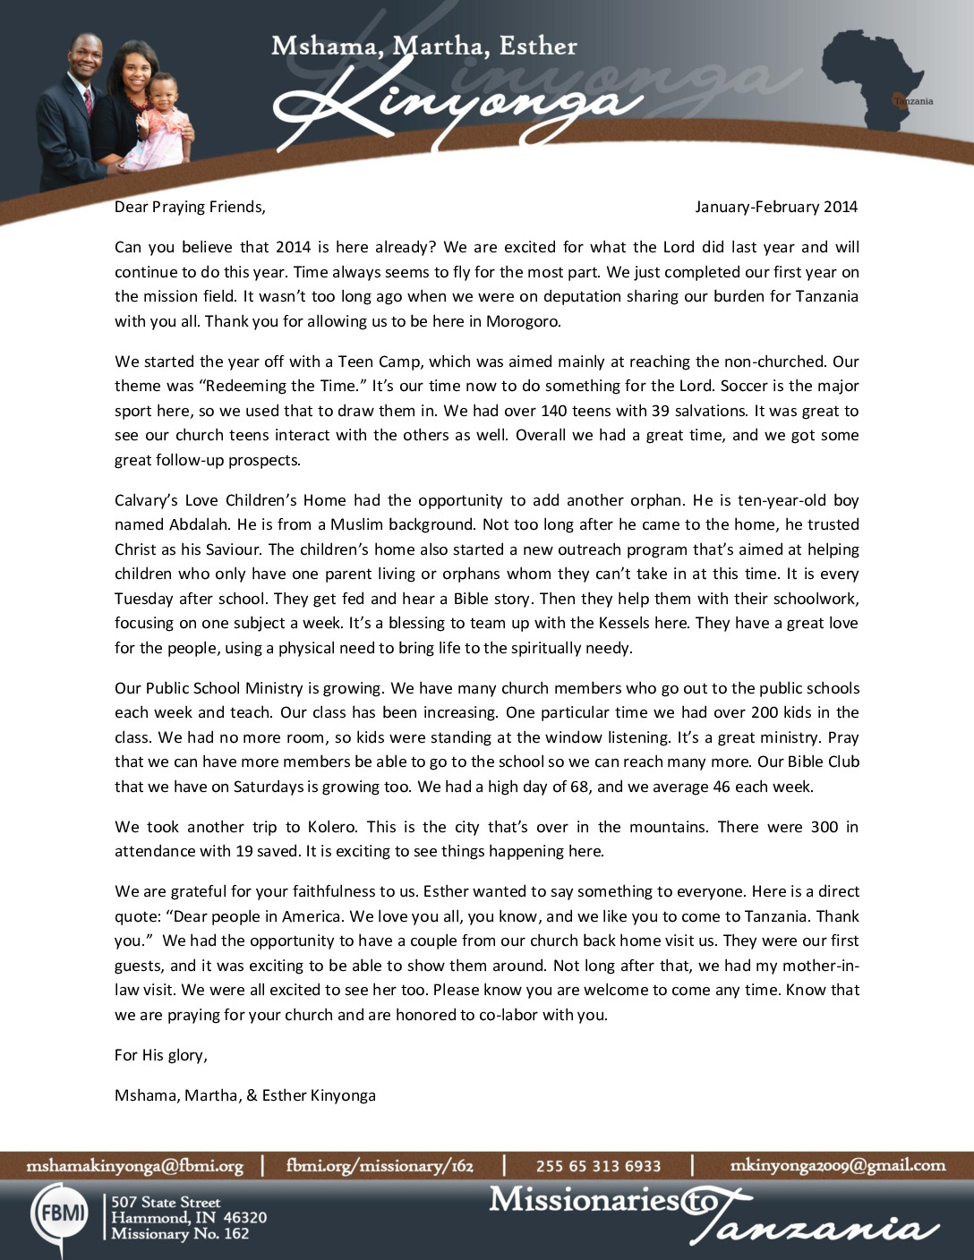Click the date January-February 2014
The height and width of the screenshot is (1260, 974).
point(775,207)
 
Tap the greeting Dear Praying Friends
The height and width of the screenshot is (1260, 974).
point(190,207)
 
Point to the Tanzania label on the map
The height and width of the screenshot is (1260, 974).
point(913,101)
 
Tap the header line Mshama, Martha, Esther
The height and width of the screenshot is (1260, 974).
point(423,46)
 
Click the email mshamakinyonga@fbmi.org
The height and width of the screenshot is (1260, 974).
point(134,1165)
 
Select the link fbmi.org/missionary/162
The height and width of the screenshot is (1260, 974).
point(380,1165)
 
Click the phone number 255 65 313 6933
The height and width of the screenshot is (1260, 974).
point(598,1165)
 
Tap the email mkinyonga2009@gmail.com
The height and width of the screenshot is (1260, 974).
point(838,1165)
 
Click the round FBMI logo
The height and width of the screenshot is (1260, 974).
point(60,1213)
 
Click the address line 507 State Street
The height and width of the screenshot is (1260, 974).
point(166,1202)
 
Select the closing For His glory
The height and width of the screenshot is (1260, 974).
point(161,1055)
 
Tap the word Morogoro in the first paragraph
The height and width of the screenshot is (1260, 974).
point(523,321)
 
